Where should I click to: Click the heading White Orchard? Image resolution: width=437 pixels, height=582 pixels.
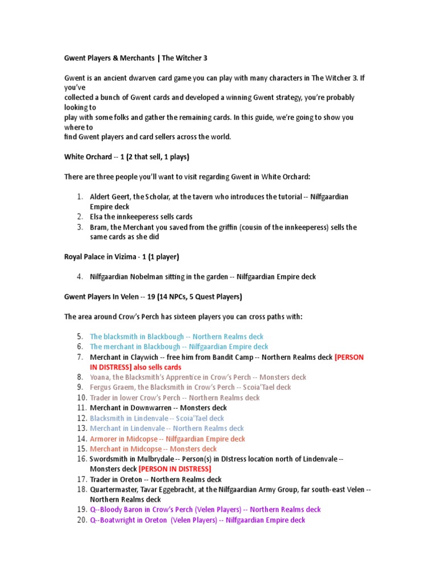point(88,156)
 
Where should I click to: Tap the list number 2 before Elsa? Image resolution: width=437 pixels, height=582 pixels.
point(80,217)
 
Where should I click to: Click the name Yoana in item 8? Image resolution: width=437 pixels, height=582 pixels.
point(100,377)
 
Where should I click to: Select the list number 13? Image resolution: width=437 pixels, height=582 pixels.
point(80,428)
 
